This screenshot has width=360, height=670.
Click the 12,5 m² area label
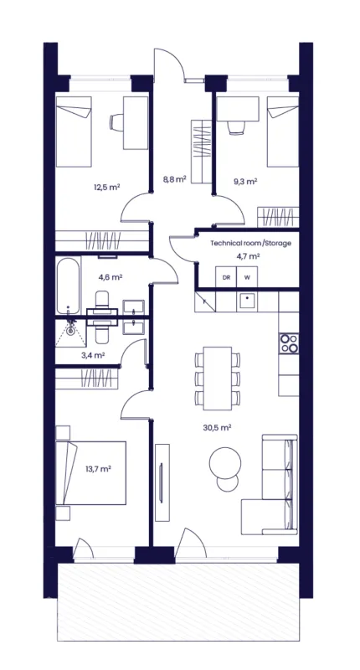coord(106,187)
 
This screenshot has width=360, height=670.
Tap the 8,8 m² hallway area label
coord(174,180)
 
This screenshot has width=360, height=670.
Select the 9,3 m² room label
coord(245,181)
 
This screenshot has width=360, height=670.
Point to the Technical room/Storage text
coord(250,243)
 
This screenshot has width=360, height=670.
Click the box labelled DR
coord(226,277)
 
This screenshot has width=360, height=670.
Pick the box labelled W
coord(247,277)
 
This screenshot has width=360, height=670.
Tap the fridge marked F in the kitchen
coord(205,301)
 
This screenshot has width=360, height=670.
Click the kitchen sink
coord(247,301)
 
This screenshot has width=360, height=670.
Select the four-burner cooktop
coord(289,343)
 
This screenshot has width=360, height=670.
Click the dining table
coord(218,379)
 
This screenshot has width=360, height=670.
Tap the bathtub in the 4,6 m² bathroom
coord(69,285)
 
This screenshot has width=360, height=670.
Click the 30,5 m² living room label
coord(217,427)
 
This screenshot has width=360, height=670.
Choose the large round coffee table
coord(225,463)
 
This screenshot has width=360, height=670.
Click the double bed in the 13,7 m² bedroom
coord(91,473)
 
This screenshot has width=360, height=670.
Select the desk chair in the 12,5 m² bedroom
coord(116,121)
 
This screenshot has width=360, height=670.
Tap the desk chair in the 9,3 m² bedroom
coord(236,127)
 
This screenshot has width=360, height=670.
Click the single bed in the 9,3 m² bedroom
coord(283,131)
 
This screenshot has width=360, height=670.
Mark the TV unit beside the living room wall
coord(162,482)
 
